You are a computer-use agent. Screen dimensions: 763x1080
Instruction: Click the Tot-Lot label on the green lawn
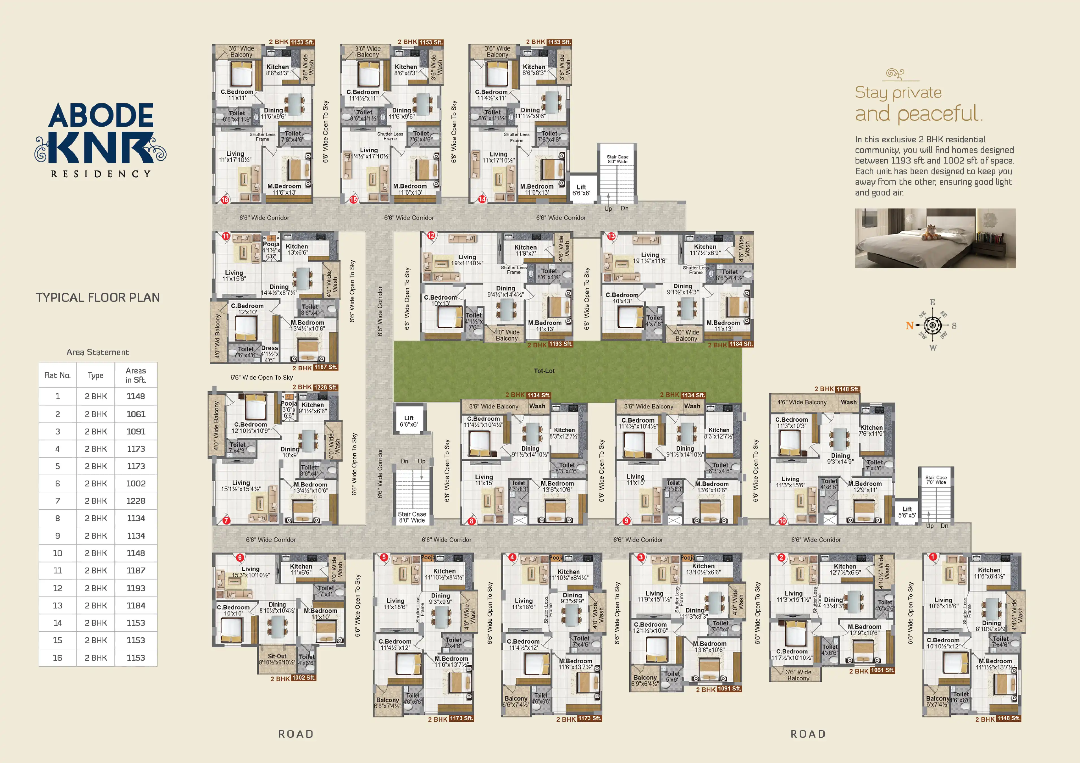pos(544,371)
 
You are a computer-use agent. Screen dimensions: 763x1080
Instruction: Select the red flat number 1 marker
pos(933,557)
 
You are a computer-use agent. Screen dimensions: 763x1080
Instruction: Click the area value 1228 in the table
pos(136,501)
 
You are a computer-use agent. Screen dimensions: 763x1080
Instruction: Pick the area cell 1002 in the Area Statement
pos(136,483)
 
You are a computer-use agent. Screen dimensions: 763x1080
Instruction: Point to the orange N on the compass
pos(909,325)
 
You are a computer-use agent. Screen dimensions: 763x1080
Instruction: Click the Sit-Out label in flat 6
pos(277,656)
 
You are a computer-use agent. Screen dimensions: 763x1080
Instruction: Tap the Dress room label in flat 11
pos(270,348)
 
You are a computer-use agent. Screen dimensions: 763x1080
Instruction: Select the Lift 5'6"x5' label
pos(906,512)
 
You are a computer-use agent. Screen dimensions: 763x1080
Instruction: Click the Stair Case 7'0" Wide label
pos(936,480)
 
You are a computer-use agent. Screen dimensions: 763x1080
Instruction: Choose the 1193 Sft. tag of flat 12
pos(561,344)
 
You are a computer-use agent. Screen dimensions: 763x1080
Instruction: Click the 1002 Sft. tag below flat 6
pos(304,678)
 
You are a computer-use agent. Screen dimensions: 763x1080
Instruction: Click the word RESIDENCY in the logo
pos(101,174)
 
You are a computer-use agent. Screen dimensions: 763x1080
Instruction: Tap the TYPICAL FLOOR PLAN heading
pos(98,297)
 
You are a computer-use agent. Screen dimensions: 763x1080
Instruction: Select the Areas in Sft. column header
pos(136,375)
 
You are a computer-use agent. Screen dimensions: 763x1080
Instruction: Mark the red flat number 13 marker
pos(611,236)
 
